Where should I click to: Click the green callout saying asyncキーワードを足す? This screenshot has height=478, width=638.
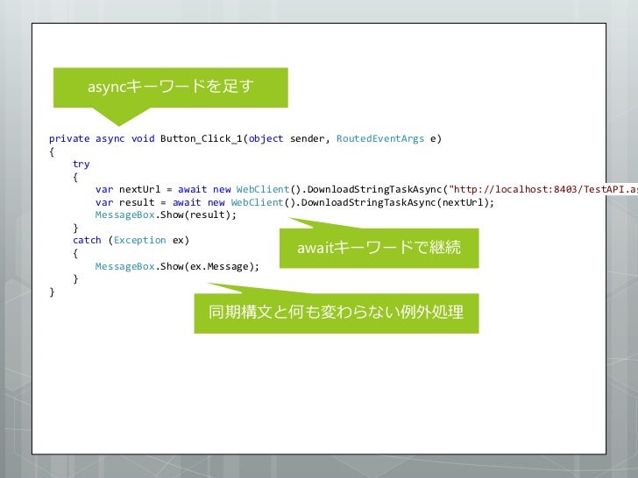[170, 86]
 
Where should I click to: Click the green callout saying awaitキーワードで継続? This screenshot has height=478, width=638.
[379, 249]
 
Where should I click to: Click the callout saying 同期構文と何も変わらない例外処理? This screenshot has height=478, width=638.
[336, 312]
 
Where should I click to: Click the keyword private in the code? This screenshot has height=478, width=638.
[69, 138]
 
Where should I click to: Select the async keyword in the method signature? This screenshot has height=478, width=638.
[110, 138]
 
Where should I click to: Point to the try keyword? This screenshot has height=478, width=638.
[81, 164]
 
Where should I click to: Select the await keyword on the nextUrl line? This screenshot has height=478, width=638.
[192, 189]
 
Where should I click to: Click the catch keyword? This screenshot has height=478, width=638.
[87, 240]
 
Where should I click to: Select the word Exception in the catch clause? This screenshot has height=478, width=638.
[139, 240]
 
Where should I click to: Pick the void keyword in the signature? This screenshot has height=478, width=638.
[142, 138]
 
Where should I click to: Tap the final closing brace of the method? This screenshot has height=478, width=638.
[52, 292]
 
